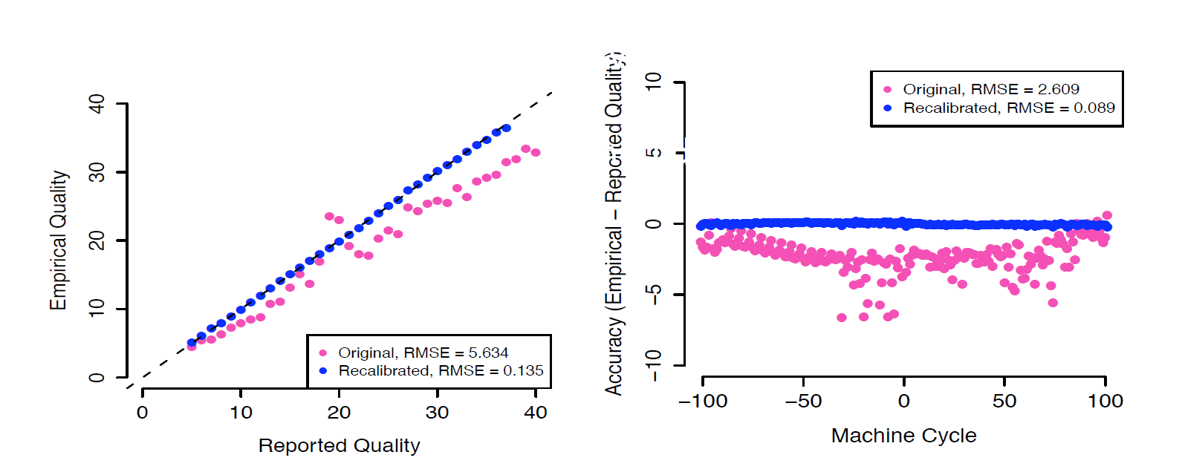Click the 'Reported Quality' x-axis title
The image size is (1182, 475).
click(x=339, y=445)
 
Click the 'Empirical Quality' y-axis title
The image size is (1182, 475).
click(x=59, y=240)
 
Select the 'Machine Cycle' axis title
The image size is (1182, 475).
click(x=903, y=436)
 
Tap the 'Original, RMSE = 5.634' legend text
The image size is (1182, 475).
click(x=423, y=353)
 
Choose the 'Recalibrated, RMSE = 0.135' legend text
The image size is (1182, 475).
click(x=441, y=370)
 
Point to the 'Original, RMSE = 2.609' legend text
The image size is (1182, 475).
click(x=990, y=89)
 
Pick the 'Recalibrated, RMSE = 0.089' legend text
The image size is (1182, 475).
click(x=1008, y=108)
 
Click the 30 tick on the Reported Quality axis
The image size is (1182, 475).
click(x=437, y=413)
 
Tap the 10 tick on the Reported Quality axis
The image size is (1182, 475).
click(x=241, y=413)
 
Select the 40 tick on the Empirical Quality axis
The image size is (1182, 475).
click(x=97, y=104)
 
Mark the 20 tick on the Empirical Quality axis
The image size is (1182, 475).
click(x=97, y=240)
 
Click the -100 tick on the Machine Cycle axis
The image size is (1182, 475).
click(x=703, y=402)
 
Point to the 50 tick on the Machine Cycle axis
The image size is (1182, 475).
click(x=1004, y=402)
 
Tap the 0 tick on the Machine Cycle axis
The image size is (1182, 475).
click(x=903, y=402)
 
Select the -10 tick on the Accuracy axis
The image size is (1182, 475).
click(x=653, y=365)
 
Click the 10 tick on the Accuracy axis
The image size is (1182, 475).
click(x=653, y=82)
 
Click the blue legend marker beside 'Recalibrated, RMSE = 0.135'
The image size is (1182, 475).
click(x=322, y=370)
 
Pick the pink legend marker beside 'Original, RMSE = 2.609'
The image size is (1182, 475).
click(x=887, y=89)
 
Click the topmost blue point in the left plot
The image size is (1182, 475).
click(x=506, y=128)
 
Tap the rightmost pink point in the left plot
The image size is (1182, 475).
click(x=536, y=153)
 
